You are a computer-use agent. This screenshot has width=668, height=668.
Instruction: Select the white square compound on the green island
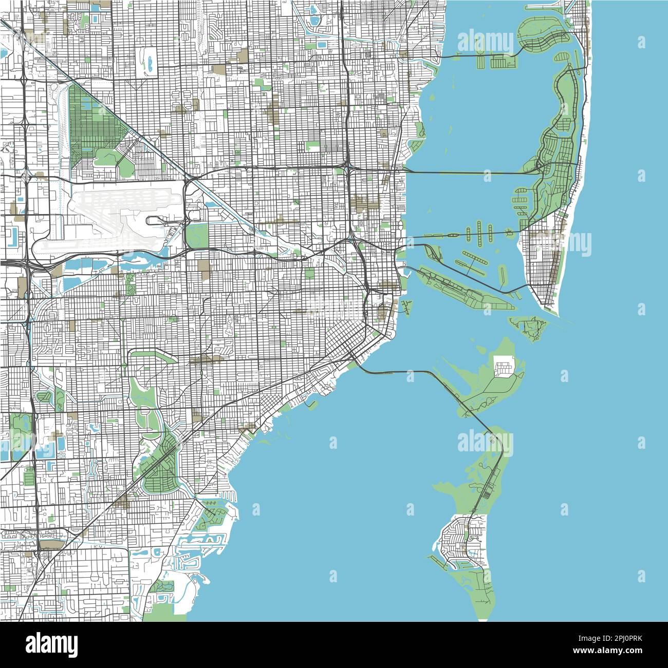[504, 366]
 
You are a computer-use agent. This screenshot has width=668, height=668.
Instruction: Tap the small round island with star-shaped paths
[509, 233]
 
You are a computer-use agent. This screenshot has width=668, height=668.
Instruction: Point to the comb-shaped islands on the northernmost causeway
[493, 62]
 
